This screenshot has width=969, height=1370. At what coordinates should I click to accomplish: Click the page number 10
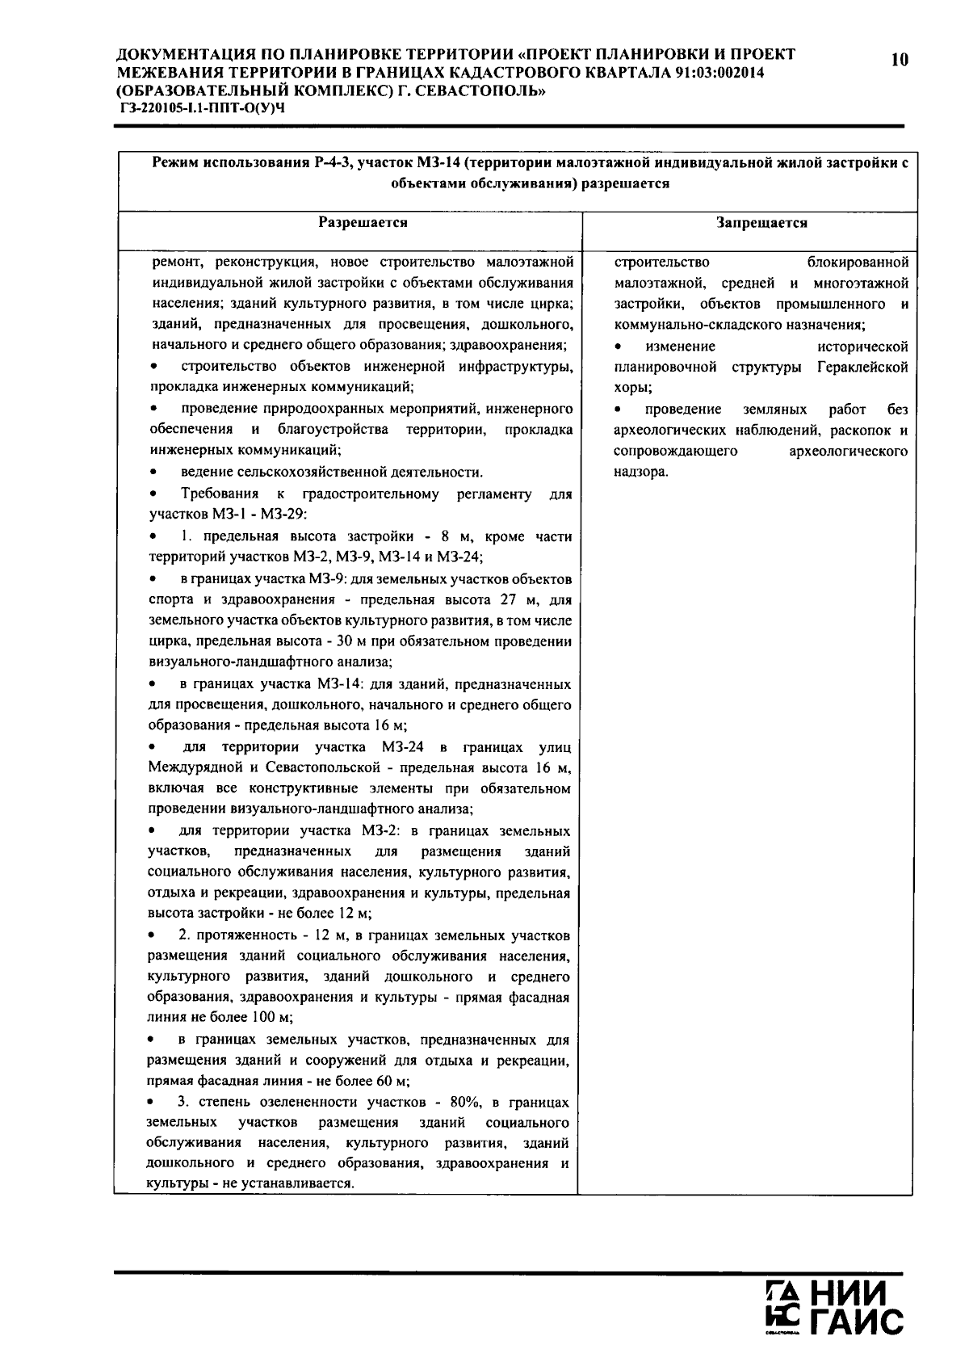(x=900, y=59)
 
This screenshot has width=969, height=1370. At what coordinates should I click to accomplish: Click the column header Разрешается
(x=362, y=222)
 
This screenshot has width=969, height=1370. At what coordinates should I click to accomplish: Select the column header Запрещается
(x=761, y=223)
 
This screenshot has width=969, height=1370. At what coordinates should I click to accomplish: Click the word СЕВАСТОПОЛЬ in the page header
(x=479, y=90)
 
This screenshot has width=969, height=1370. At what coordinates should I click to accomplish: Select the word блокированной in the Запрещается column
(x=858, y=263)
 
